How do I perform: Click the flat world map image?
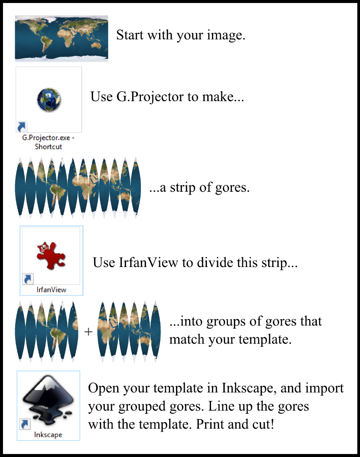pos(61,39)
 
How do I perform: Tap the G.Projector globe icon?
pos(48,100)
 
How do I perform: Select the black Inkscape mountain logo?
pos(49,399)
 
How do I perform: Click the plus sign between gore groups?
pos(88,332)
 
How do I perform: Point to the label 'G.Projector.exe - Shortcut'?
pos(48,142)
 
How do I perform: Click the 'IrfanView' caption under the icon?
pos(52,290)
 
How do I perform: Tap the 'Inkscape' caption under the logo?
pos(48,435)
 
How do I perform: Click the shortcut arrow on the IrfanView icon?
pos(28,279)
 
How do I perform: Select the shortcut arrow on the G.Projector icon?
pos(22,126)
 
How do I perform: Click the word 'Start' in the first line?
pos(130,35)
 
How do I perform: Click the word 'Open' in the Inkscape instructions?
pos(103,388)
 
